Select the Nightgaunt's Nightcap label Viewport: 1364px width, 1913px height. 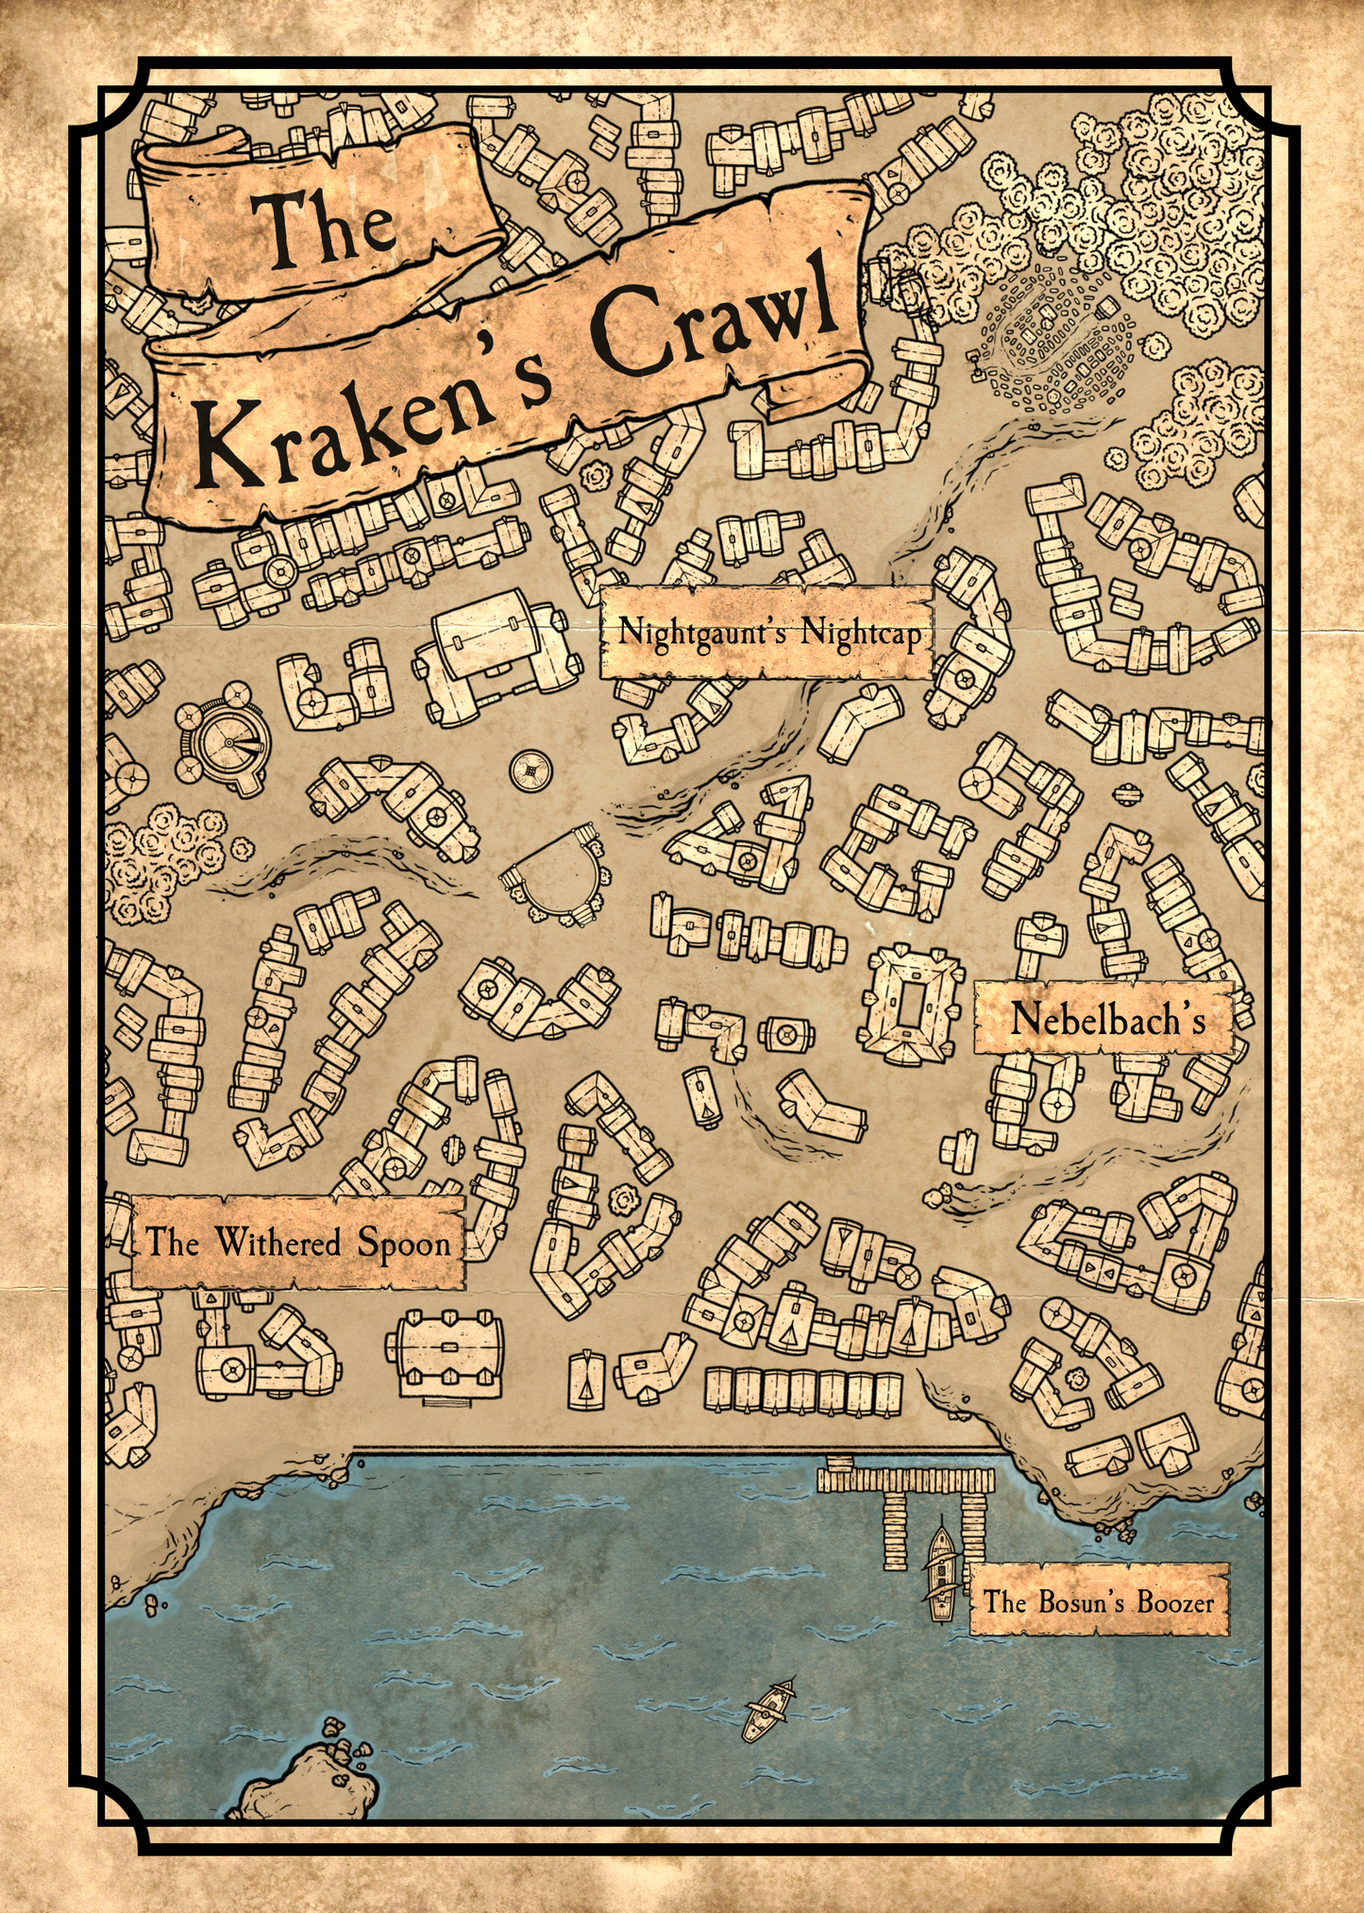coord(767,632)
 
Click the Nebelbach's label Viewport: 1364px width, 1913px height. coord(1105,1019)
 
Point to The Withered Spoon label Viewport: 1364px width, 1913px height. coord(297,1243)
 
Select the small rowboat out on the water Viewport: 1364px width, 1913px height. coord(768,1711)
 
